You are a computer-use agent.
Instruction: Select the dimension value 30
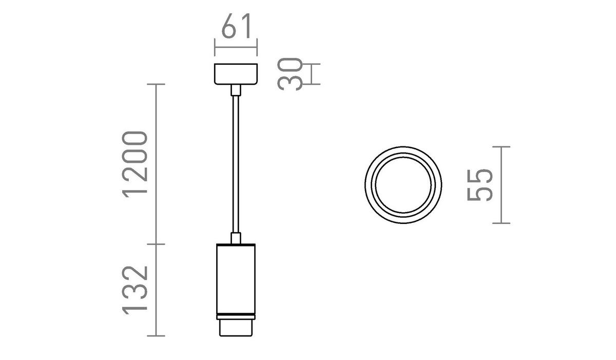click(x=290, y=74)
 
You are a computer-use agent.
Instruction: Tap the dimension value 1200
click(x=136, y=163)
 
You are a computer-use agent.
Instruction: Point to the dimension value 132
click(x=136, y=290)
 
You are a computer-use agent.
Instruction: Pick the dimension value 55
click(x=480, y=185)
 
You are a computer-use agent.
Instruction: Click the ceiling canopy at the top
click(x=236, y=74)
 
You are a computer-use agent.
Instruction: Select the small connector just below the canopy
click(x=236, y=90)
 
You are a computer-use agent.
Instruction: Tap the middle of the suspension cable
click(x=236, y=164)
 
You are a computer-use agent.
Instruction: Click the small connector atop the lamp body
click(x=236, y=238)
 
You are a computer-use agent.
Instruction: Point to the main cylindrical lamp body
click(x=236, y=277)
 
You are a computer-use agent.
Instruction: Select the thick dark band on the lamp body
click(x=236, y=314)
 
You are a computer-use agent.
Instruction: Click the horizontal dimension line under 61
click(x=236, y=47)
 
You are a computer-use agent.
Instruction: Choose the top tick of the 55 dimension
click(x=502, y=147)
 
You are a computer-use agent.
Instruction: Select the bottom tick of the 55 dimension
click(x=502, y=223)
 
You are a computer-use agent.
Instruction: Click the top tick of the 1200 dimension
click(x=156, y=84)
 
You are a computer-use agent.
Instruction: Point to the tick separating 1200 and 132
click(x=156, y=243)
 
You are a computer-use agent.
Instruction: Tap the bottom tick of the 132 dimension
click(x=156, y=336)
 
